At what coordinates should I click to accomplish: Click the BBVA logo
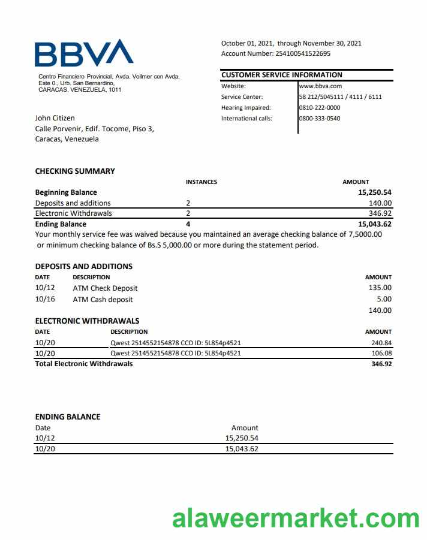84,53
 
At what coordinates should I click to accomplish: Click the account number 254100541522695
302,53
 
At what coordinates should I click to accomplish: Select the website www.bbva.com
320,86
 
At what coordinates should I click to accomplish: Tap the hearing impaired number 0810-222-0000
320,107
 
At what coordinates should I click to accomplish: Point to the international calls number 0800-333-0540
320,118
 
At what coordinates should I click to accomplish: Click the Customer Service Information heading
282,75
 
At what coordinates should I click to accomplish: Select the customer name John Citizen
55,118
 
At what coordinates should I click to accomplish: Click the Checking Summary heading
75,171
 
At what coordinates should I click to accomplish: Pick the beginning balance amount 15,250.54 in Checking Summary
375,192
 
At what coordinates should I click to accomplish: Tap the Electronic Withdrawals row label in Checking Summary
74,213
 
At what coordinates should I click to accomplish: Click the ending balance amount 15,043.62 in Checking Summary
375,224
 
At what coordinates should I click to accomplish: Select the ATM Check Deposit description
105,288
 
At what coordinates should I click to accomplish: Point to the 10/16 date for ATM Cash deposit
45,299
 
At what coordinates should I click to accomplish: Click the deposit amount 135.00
380,288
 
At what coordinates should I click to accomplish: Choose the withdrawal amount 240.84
381,343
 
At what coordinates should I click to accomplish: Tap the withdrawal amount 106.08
381,353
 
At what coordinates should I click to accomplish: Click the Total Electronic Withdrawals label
84,364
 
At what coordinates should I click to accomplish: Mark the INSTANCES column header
202,182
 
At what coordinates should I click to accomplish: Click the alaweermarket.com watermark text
296,518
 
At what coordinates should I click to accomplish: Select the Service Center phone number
341,96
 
